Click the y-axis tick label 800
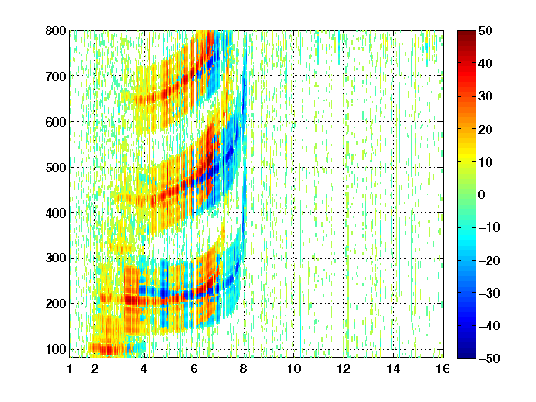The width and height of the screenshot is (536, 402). [56, 31]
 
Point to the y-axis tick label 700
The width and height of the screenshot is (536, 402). [56, 76]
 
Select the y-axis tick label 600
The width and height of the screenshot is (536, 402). [56, 122]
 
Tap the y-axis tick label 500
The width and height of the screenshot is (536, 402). [56, 167]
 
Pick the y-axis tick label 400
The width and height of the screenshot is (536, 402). [56, 213]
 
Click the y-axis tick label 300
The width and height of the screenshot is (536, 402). [56, 258]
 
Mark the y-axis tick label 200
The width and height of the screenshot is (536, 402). [56, 303]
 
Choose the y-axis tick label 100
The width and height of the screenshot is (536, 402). [56, 349]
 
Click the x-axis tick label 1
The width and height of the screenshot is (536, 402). [70, 368]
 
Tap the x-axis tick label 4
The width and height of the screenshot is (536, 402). [144, 368]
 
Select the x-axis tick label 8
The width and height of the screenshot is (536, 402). [244, 368]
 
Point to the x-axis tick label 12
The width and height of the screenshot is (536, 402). [343, 368]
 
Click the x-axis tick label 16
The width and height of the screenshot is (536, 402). [443, 368]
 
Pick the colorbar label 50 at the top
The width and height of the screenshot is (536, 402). [486, 31]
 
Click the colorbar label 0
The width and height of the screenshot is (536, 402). [482, 194]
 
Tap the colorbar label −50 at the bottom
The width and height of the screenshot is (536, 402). [489, 358]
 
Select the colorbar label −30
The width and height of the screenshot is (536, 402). [489, 293]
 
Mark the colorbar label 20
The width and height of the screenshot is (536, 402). [486, 129]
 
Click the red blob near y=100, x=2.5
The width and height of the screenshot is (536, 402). [107, 349]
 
